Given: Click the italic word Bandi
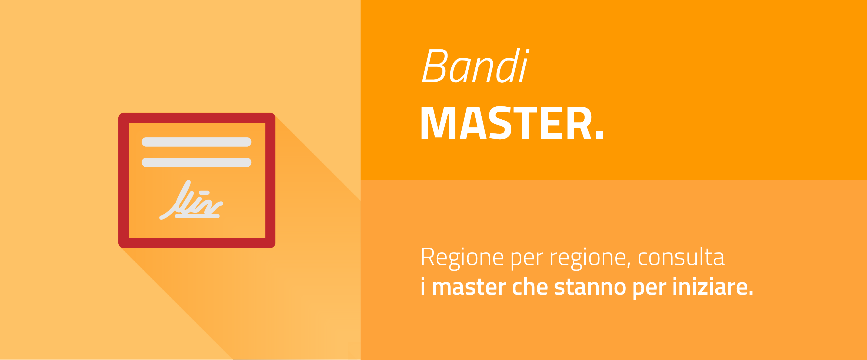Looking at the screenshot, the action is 475,66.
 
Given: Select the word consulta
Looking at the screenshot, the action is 681,257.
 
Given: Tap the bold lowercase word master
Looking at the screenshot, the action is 469,287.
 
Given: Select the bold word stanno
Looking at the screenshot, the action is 590,287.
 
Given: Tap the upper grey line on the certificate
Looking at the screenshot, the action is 196,142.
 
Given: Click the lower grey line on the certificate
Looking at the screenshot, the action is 196,163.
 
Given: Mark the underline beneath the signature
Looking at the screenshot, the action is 197,216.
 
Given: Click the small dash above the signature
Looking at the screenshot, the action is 204,193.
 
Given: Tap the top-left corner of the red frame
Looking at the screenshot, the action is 119,113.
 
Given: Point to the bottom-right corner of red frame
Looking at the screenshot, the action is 275,248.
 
